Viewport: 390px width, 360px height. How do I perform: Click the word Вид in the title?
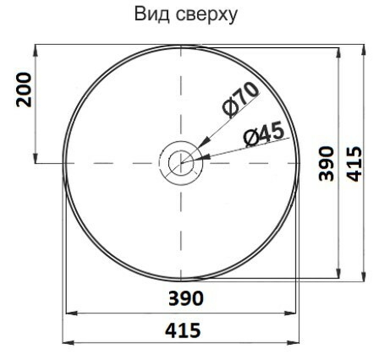[x=152, y=15]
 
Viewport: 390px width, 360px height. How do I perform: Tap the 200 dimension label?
[x=24, y=90]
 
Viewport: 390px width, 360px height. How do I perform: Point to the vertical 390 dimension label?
[x=327, y=163]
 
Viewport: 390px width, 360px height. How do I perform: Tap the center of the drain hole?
[x=180, y=163]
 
